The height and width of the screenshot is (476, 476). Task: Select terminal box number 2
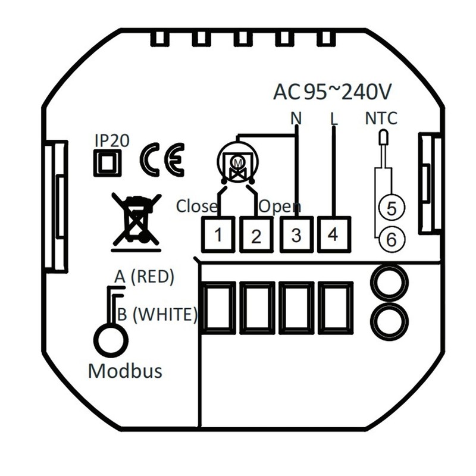point(256,235)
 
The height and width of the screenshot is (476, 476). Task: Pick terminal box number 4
point(333,233)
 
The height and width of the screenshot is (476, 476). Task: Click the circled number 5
point(391,208)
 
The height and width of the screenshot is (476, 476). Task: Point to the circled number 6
point(391,239)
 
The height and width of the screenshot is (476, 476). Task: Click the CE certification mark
point(162,159)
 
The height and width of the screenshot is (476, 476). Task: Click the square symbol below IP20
point(108,162)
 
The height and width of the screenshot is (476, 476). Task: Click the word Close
point(197,206)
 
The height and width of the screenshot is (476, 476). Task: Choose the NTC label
point(381,118)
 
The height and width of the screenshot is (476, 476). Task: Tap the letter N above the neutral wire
point(296,118)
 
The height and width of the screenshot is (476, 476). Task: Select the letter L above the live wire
point(334,118)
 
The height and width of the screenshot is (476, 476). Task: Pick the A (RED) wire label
point(144,277)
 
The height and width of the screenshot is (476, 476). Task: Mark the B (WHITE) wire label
point(156,314)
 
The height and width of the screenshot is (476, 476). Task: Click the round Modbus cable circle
point(111,340)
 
